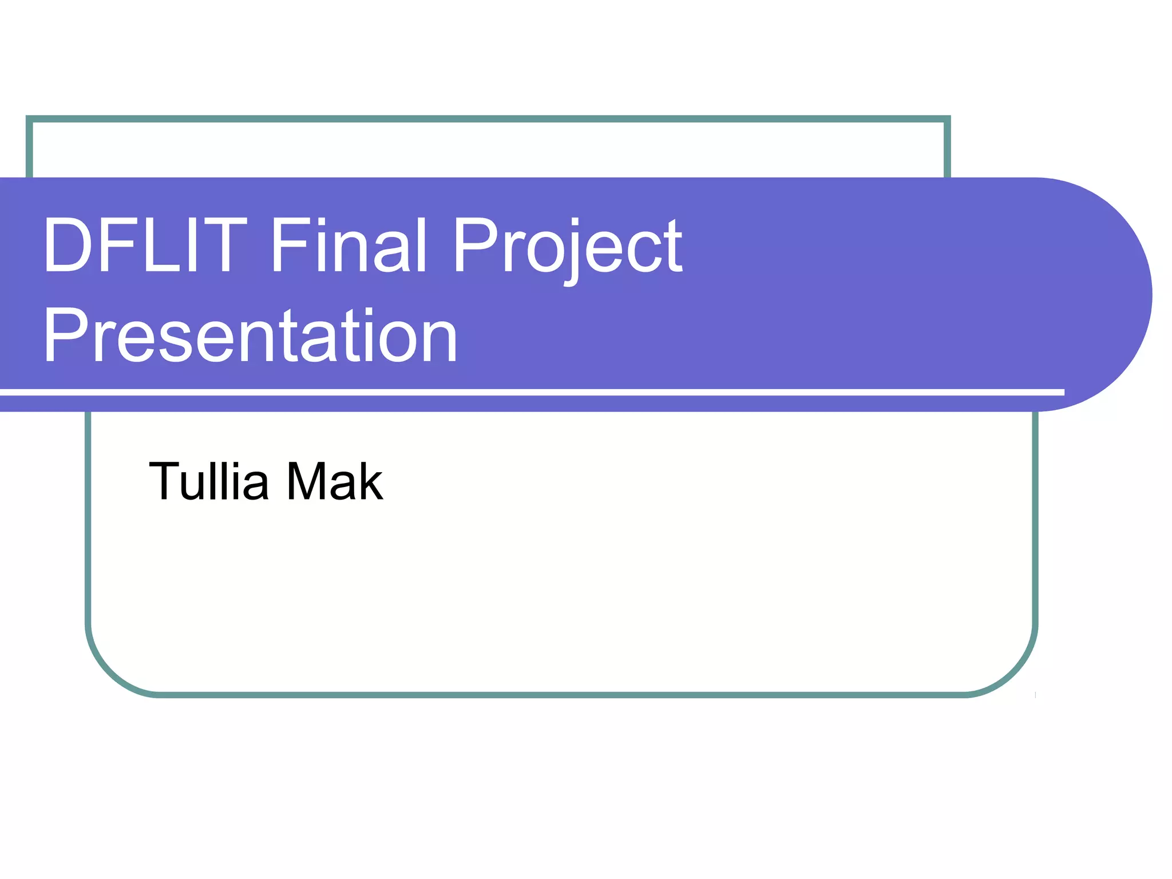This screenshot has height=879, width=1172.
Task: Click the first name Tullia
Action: click(x=208, y=481)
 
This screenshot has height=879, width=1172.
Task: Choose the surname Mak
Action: click(x=335, y=481)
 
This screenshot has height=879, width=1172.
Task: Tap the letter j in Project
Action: click(x=574, y=252)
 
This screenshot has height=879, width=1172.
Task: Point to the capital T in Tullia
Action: click(x=165, y=481)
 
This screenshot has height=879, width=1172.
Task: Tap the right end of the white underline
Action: click(x=1062, y=392)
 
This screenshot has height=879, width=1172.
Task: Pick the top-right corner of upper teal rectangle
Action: click(x=947, y=119)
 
